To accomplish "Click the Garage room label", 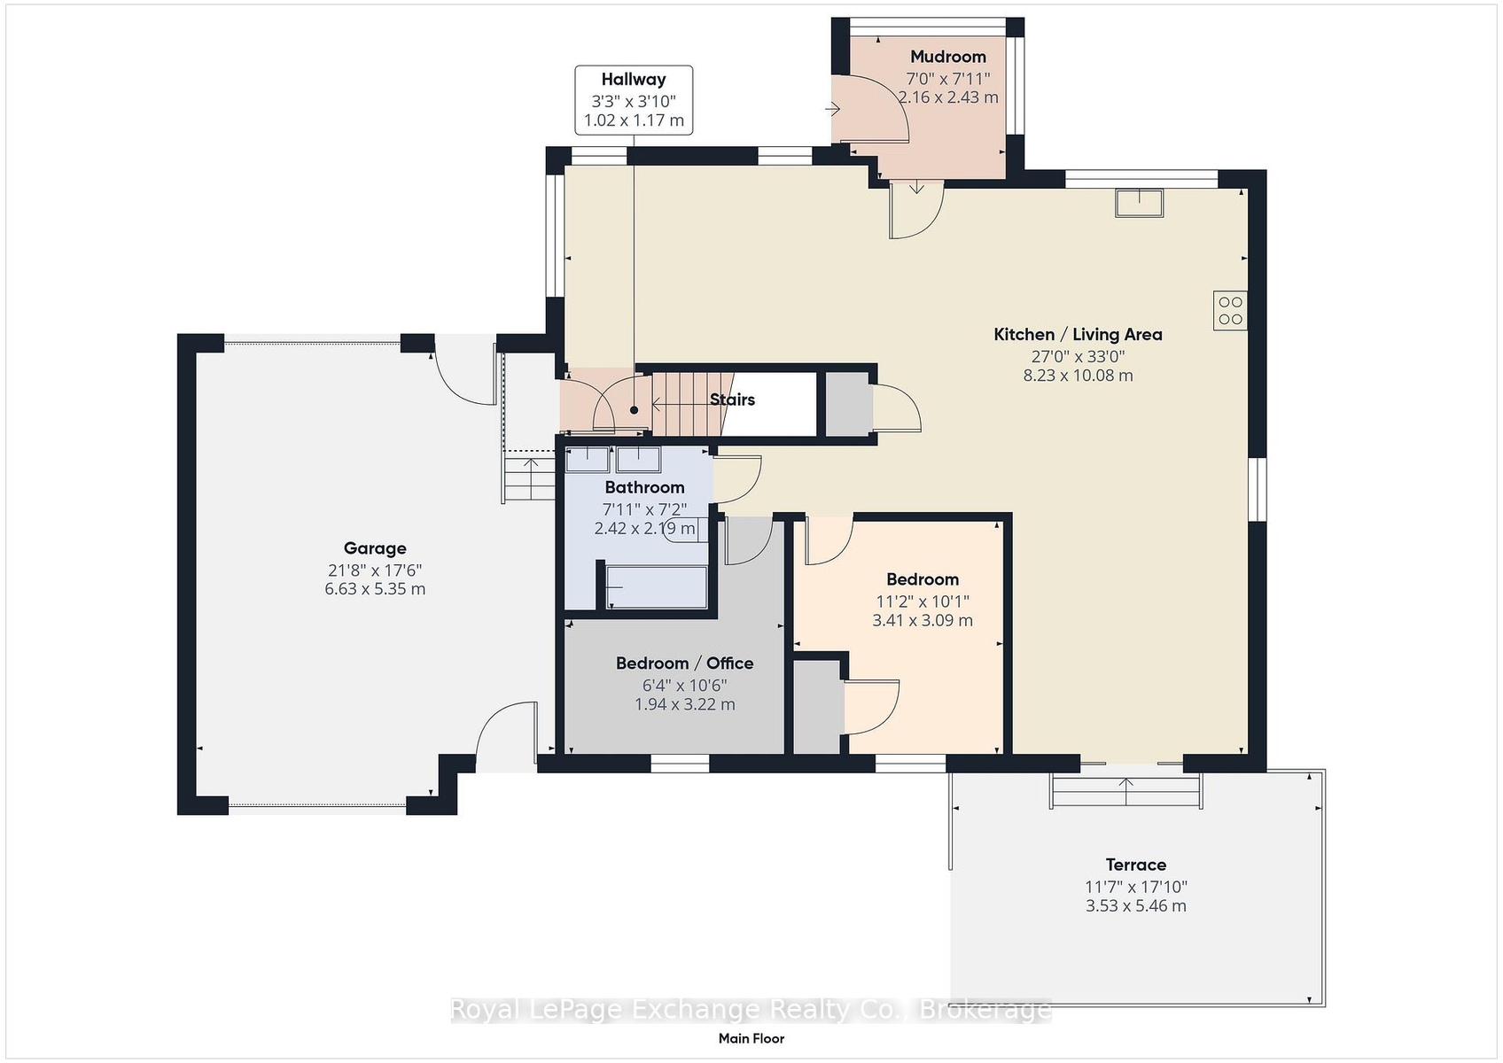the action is coord(374,548).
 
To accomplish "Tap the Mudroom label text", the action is coord(948,57).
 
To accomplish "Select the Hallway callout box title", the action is coord(634,79).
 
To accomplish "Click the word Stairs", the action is coord(732,400).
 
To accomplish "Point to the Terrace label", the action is coord(1136,865).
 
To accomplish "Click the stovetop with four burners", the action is coord(1231,311).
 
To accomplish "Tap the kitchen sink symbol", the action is coord(1140,203).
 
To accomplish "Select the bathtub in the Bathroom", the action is coord(656,587).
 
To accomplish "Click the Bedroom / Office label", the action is coord(684,663).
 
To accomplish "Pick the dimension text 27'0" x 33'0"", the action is coord(1078,356).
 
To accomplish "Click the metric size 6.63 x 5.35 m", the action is coord(375,589).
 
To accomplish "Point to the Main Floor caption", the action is coord(751,1039).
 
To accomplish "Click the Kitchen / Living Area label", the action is coord(1078,335).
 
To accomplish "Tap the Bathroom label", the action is coord(645,487).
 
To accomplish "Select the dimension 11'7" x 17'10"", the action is coord(1136,887).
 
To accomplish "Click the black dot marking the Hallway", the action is coord(635,410).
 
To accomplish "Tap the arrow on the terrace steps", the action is coord(1125,791).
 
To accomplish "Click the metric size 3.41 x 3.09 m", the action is coord(923,620).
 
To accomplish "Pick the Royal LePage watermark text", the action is coord(751,1009).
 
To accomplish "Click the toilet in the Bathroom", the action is coord(685,530).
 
